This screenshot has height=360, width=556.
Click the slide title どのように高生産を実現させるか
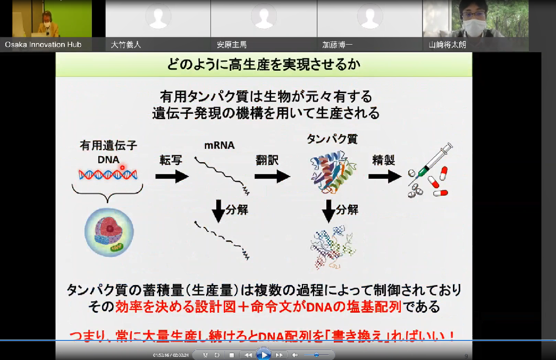[264, 65]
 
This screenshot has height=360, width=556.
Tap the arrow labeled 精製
[384, 177]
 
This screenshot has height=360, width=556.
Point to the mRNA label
[219, 146]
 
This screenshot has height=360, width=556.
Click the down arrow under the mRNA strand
[219, 211]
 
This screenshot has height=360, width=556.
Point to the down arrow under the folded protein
[329, 211]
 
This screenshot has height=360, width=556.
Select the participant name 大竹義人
[126, 45]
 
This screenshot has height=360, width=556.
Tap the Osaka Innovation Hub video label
[43, 45]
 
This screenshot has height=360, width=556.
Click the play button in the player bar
[263, 355]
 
